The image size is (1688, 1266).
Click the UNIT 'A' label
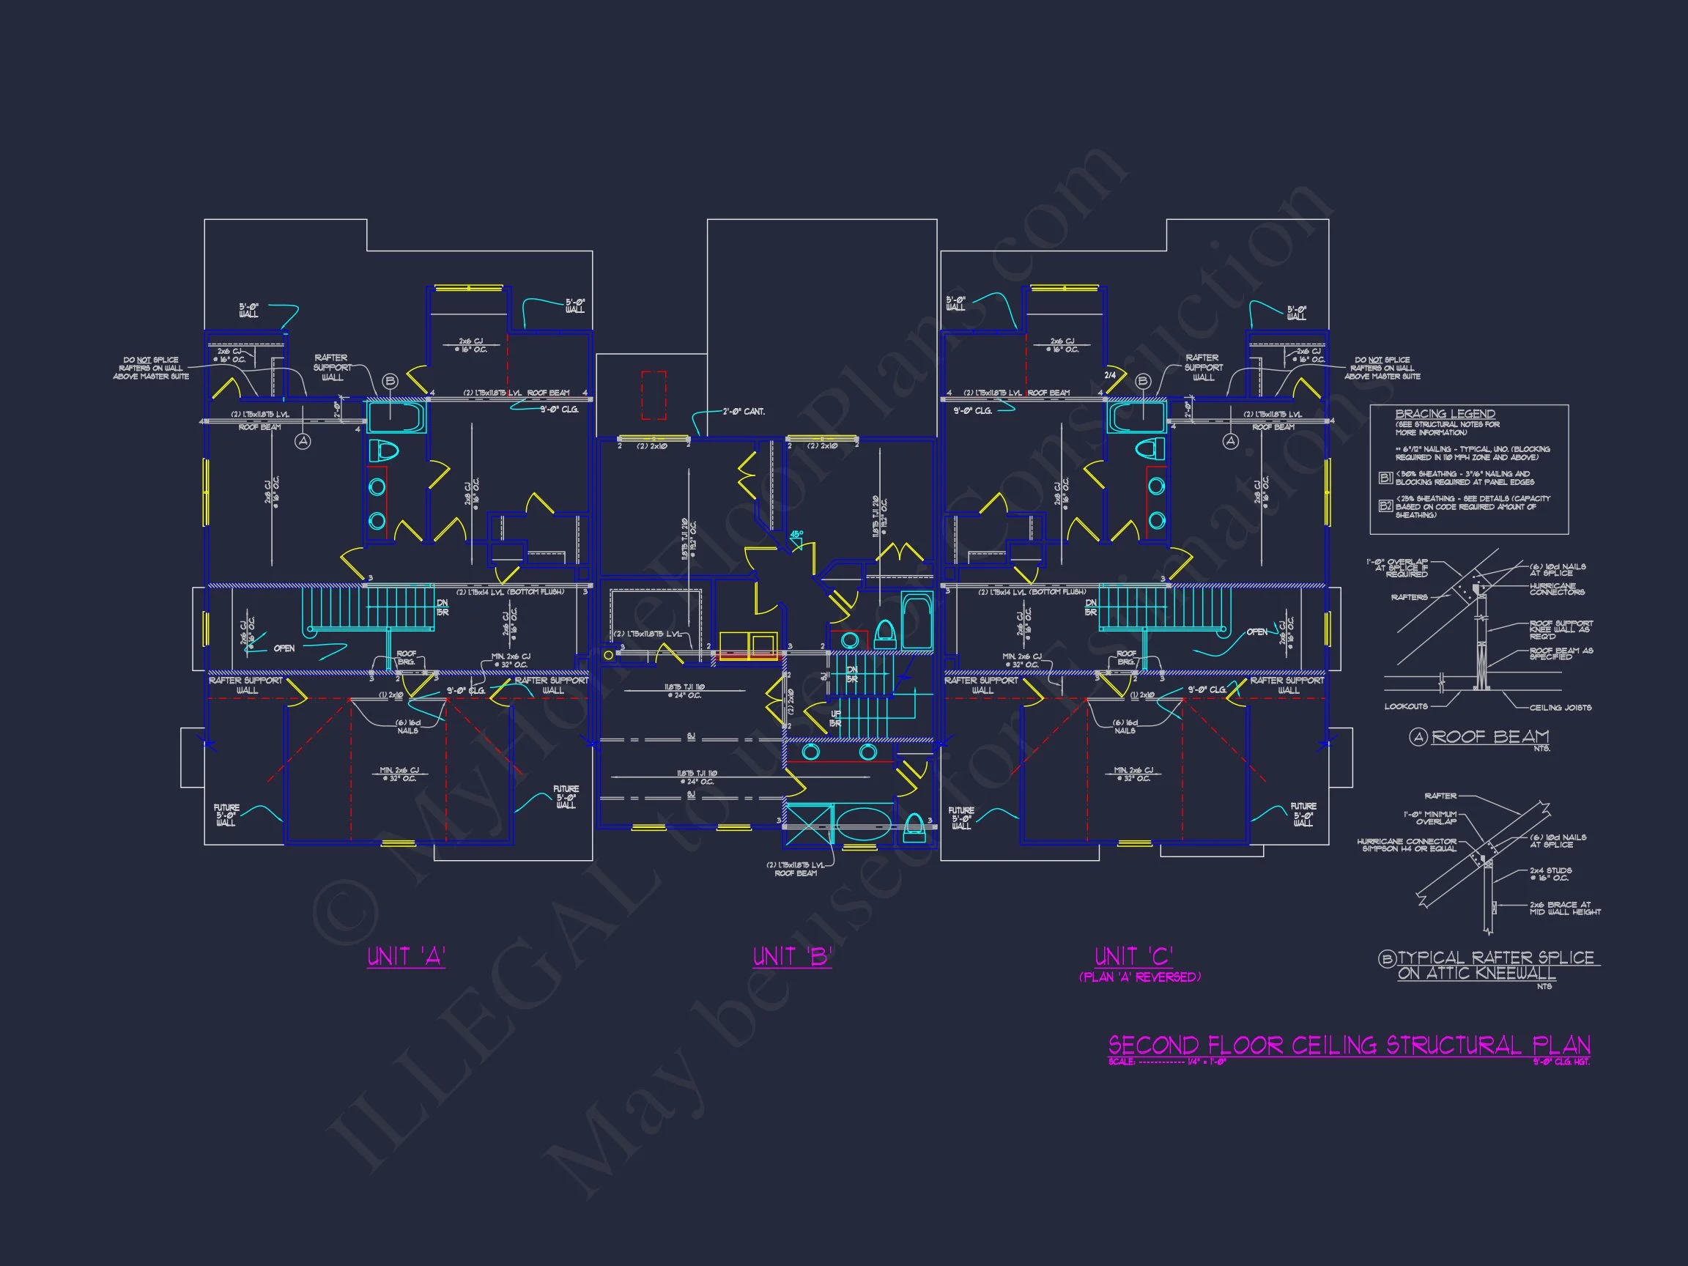pyautogui.click(x=406, y=957)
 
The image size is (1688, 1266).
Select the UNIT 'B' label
pyautogui.click(x=792, y=957)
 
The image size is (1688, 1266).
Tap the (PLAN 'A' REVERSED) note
pyautogui.click(x=1139, y=977)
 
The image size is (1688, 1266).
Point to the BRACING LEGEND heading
pyautogui.click(x=1445, y=415)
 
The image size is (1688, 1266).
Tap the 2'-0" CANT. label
pyautogui.click(x=744, y=412)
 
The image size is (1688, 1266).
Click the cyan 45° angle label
pyautogui.click(x=796, y=535)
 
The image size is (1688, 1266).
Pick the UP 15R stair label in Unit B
pyautogui.click(x=836, y=718)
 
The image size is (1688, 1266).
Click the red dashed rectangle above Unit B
pyautogui.click(x=654, y=396)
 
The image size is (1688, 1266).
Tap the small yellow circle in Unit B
pyautogui.click(x=608, y=655)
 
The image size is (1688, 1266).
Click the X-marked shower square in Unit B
pyautogui.click(x=807, y=824)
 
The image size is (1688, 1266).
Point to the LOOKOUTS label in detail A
pyautogui.click(x=1406, y=707)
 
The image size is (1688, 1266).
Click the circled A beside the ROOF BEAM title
pyautogui.click(x=1418, y=737)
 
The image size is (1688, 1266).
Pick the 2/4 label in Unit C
pyautogui.click(x=1111, y=375)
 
